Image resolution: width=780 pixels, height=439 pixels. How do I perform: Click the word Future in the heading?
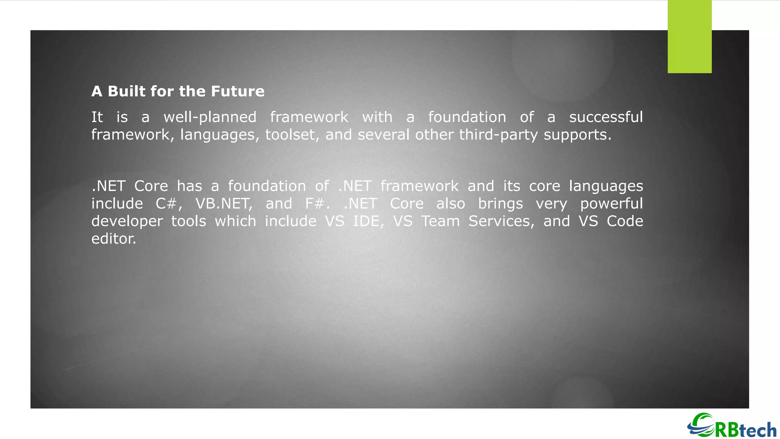coord(238,91)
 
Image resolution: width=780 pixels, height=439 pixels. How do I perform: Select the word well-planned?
coord(210,117)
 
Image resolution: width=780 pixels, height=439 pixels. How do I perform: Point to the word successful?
coord(606,117)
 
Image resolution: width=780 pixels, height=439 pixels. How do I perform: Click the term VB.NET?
coord(224,204)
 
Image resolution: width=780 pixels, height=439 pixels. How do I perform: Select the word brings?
coord(500,204)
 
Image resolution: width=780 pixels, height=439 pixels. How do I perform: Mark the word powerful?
coord(611,204)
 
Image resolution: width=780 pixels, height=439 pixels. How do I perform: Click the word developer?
coord(127,221)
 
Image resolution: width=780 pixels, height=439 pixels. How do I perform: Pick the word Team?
coord(440,221)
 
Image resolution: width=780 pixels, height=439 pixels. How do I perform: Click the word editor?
coord(113,239)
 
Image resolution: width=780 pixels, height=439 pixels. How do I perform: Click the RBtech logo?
coord(732,426)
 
